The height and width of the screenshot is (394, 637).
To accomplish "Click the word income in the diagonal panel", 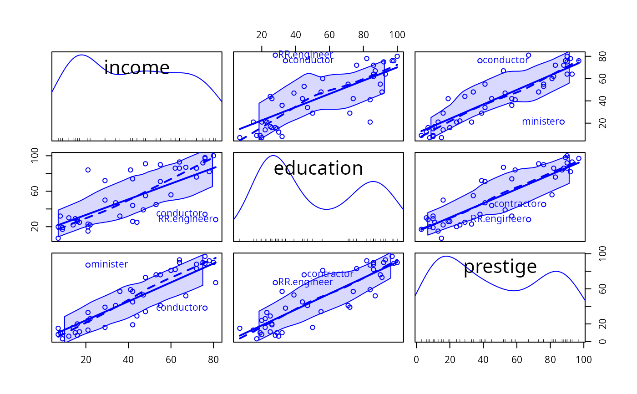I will click(x=136, y=68).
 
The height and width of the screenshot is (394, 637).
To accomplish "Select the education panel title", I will click(x=318, y=168).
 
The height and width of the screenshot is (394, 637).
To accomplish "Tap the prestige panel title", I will click(x=500, y=267).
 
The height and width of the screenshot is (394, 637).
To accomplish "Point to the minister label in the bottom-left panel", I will click(x=109, y=264).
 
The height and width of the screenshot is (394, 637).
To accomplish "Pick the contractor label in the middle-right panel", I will click(x=517, y=204).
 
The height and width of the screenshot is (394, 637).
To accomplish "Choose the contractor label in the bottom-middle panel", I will click(x=330, y=274).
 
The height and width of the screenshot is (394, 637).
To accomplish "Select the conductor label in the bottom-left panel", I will click(x=179, y=308).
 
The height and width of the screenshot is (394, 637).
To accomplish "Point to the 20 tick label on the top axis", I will click(x=262, y=35).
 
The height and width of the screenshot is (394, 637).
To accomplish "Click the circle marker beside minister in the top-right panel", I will click(x=562, y=122).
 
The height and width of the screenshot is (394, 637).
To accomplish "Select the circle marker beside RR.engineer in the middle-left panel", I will click(x=216, y=219).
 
